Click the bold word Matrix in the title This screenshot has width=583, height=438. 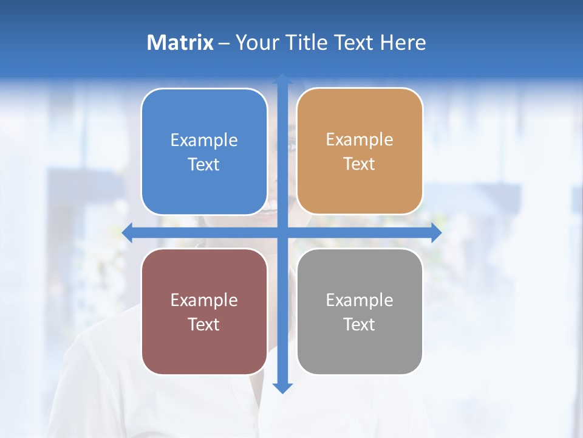pyautogui.click(x=180, y=43)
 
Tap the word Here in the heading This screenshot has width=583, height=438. pyautogui.click(x=403, y=43)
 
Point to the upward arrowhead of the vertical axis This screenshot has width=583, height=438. pyautogui.click(x=282, y=80)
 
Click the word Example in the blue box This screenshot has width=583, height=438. pyautogui.click(x=204, y=141)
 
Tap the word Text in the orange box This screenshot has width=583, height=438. pyautogui.click(x=360, y=164)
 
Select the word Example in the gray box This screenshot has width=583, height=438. pyautogui.click(x=360, y=300)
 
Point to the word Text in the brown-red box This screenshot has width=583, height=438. pyautogui.click(x=204, y=324)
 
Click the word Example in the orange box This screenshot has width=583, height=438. pyautogui.click(x=360, y=140)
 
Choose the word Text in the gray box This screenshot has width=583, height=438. pyautogui.click(x=360, y=324)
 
